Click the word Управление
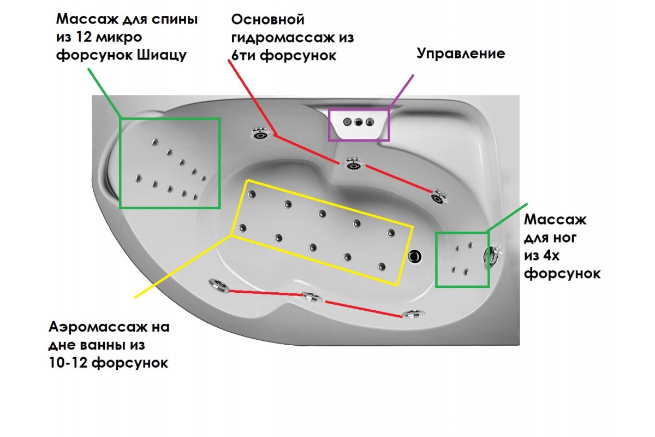coord(461,54)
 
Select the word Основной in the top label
coord(267,20)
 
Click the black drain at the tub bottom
coord(416,255)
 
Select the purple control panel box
coord(359,125)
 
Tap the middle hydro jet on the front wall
coord(312,298)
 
